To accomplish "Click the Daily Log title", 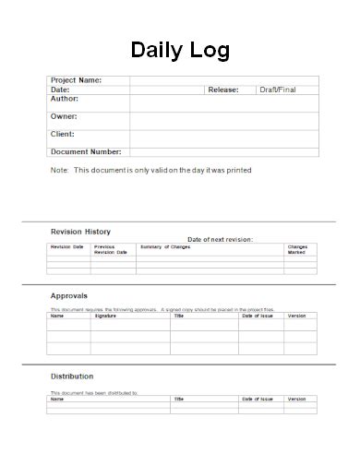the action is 180,50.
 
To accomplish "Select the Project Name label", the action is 76,80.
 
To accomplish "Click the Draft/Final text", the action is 278,90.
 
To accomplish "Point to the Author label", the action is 64,99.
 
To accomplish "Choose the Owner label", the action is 64,116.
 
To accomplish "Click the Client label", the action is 63,134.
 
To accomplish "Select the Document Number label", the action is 86,151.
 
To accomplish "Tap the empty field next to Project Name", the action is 223,80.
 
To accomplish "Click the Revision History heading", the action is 80,231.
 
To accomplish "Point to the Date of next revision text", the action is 220,239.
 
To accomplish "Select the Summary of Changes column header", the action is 165,246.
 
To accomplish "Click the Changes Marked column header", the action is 296,249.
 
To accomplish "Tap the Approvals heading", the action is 69,295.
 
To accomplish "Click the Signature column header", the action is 106,316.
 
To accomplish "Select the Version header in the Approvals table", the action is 296,316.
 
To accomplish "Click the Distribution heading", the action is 72,376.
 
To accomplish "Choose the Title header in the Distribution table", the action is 179,399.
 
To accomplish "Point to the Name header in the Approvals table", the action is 57,316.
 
